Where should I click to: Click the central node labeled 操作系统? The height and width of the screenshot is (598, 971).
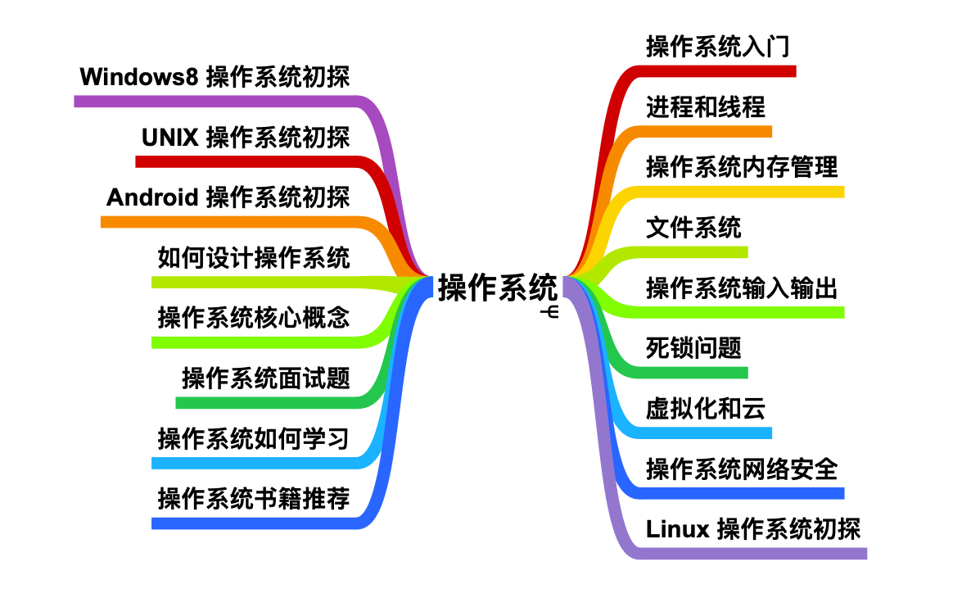pos(497,288)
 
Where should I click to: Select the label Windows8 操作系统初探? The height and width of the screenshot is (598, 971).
pos(215,78)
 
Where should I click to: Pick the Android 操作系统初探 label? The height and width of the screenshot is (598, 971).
pos(228,197)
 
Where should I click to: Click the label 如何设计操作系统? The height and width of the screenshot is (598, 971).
pos(254,258)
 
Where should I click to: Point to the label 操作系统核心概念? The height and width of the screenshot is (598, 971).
pos(254,318)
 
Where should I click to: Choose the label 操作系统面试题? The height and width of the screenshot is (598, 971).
pos(266,378)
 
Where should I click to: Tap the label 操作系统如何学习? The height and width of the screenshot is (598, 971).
pos(254,439)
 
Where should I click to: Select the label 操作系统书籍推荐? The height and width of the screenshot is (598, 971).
pos(254,499)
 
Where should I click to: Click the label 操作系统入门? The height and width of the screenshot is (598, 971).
pos(718,47)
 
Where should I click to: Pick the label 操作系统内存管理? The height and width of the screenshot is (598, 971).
pos(742,167)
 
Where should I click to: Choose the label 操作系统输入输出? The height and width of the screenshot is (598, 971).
pos(742,288)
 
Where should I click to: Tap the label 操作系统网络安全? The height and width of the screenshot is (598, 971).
pos(742,469)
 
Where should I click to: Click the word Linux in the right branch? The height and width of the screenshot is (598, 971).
pos(677,530)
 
